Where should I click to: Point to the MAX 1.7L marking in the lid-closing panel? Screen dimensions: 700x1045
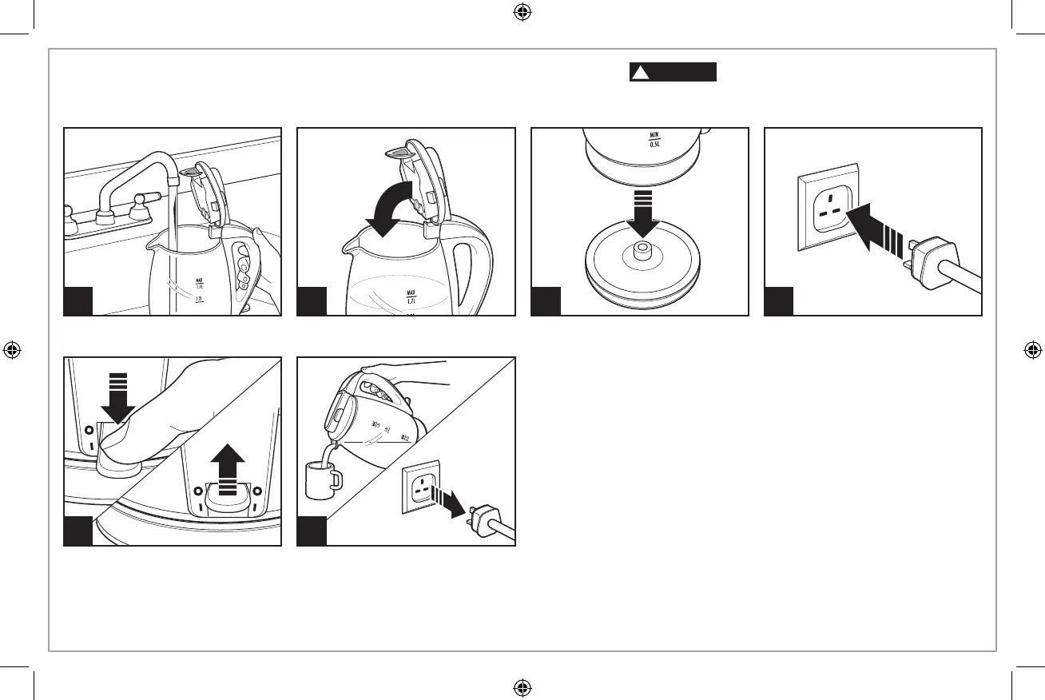pyautogui.click(x=413, y=298)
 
